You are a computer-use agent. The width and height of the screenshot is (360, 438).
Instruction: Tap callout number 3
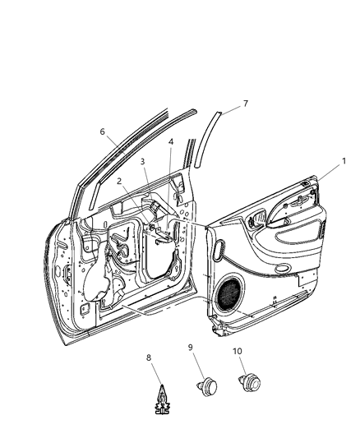tap(142, 162)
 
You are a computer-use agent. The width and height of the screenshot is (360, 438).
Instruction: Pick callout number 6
tap(103, 131)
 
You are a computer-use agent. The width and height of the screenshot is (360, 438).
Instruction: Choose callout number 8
tap(149, 358)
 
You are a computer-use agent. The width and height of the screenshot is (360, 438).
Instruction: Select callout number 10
tap(238, 352)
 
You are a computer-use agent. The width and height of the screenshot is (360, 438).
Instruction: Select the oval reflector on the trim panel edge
tap(219, 247)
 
